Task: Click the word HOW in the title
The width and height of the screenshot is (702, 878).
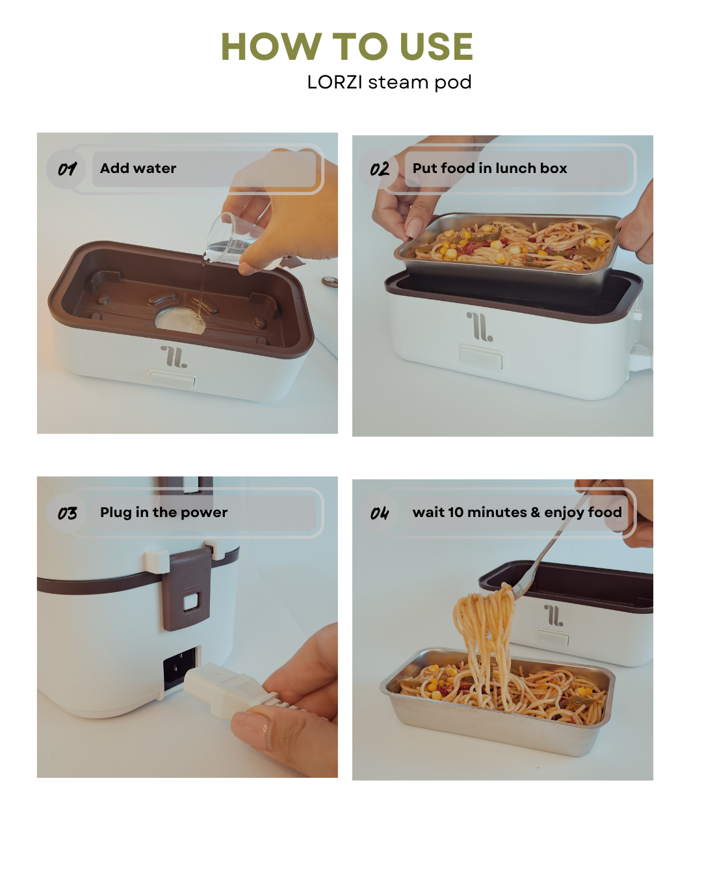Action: click(x=271, y=46)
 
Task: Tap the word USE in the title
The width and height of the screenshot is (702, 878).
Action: click(x=436, y=46)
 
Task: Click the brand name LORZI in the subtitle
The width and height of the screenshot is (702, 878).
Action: click(x=335, y=82)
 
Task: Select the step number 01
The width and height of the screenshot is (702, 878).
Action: click(x=67, y=169)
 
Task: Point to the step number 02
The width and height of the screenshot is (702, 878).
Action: click(x=380, y=169)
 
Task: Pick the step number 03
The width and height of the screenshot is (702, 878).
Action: click(x=67, y=513)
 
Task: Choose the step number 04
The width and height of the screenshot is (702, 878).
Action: click(x=380, y=513)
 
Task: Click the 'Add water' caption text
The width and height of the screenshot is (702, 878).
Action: click(x=138, y=168)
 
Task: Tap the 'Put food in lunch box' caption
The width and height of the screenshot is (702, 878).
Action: click(x=489, y=168)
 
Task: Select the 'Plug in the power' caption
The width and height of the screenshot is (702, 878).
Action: click(x=164, y=512)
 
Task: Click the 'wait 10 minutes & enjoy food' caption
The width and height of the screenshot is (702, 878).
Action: click(x=517, y=512)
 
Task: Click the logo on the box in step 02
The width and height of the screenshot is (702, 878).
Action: click(x=480, y=326)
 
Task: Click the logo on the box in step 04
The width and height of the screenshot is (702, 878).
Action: click(x=554, y=615)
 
